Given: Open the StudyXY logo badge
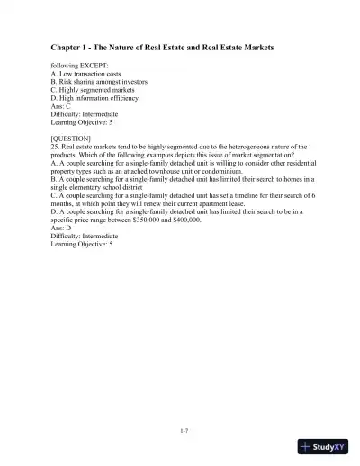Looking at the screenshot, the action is pos(323,448).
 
